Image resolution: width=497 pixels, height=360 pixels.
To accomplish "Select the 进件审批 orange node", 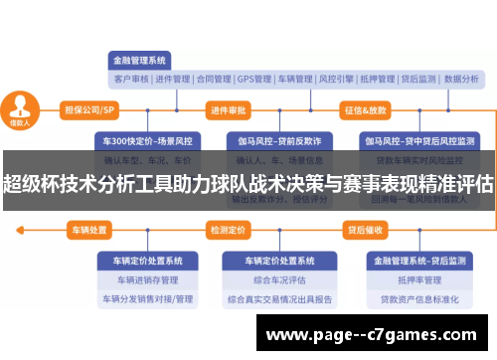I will tap(229, 109).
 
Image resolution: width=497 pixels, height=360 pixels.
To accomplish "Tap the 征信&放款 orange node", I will tap(365, 109).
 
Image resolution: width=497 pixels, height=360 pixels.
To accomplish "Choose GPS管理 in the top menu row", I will tap(254, 79).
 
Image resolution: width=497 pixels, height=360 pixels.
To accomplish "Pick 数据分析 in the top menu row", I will tap(460, 79).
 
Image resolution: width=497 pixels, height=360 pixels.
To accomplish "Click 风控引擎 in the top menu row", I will tap(338, 79).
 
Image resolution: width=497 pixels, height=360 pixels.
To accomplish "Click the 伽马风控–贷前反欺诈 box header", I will tap(271, 140).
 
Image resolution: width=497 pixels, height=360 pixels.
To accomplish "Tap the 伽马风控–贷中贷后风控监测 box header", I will tap(412, 140).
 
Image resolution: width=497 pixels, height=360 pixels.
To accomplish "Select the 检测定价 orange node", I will tap(228, 231).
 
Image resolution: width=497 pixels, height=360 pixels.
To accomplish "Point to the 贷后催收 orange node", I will tap(365, 231).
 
